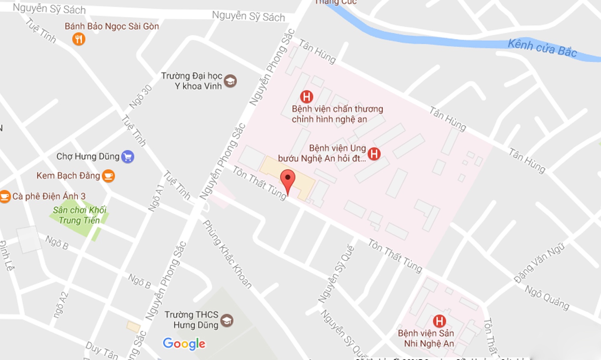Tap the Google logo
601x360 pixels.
[184, 344]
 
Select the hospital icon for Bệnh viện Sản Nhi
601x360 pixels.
[439, 321]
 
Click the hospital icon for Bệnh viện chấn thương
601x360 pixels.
[307, 97]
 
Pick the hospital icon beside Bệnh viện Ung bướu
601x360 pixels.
[374, 154]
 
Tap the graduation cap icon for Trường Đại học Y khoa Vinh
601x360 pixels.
[230, 81]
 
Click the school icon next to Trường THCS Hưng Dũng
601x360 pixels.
[227, 320]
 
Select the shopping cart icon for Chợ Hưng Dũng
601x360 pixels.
[127, 157]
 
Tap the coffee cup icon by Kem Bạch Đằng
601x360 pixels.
[108, 176]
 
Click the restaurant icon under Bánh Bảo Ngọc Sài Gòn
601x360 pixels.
[79, 39]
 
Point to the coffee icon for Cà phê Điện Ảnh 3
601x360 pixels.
[5, 196]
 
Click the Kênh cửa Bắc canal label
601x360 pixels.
[542, 48]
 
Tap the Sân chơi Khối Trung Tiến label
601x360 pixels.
[79, 215]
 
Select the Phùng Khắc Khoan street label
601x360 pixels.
[227, 254]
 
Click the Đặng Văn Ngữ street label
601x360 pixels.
[539, 263]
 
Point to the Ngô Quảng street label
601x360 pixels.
[547, 298]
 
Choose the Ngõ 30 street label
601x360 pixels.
[141, 97]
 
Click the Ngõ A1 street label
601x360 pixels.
[156, 197]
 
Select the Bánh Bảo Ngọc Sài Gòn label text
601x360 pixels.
[112, 26]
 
